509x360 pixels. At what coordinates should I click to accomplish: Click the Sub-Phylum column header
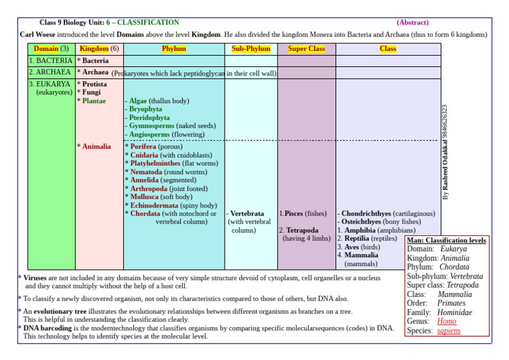coord(251,48)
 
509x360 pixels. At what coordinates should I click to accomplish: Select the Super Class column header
coord(306,48)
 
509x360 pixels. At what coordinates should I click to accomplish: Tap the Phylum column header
coord(174,48)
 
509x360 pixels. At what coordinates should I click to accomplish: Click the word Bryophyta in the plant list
coord(146,109)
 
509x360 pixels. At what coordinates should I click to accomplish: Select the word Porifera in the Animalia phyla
coord(144,147)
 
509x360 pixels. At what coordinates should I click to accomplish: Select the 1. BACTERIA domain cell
coord(51,60)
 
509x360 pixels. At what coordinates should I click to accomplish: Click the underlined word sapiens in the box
coord(449,331)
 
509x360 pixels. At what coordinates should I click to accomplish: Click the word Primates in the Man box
coord(451,303)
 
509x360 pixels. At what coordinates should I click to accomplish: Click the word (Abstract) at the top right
coord(412,22)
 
